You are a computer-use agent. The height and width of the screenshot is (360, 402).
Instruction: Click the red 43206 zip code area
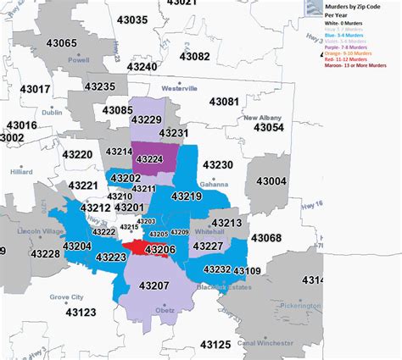[x=136, y=247]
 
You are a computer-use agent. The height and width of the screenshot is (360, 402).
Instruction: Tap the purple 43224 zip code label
[x=150, y=158]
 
